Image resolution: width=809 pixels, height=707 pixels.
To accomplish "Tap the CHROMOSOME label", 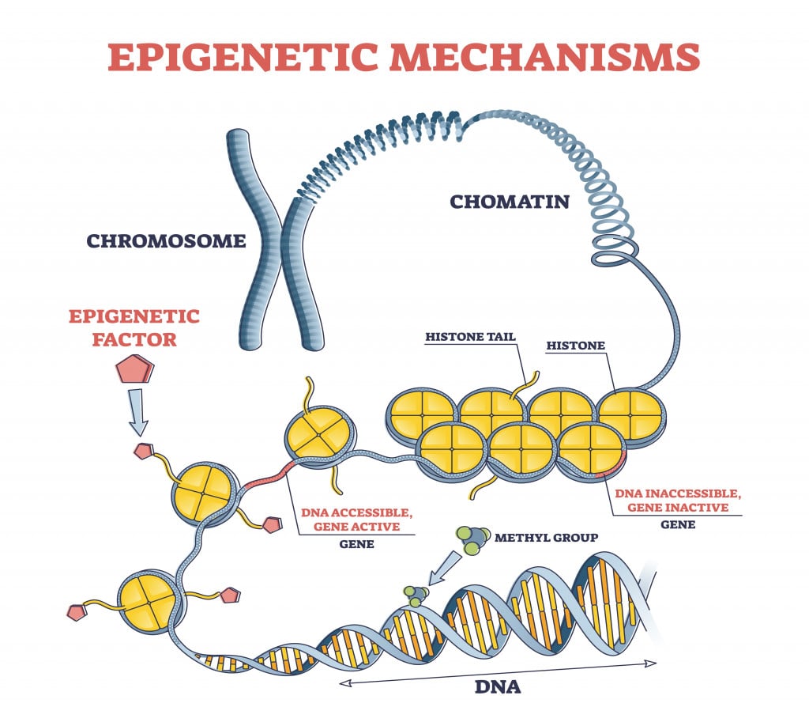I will [166, 241].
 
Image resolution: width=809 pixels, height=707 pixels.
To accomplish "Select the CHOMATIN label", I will [510, 202].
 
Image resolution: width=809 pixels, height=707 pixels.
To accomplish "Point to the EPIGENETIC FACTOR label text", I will [134, 329].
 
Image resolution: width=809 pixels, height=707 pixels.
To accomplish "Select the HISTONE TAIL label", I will [470, 337].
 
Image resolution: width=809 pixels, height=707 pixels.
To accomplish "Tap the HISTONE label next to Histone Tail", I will [576, 346].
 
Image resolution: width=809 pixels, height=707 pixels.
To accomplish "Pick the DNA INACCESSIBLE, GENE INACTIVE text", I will [679, 501].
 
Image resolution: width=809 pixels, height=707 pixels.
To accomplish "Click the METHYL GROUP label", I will [546, 538].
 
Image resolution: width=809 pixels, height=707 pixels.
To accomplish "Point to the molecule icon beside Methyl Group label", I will [469, 542].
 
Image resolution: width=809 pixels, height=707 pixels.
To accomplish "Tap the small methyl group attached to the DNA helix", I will [414, 595].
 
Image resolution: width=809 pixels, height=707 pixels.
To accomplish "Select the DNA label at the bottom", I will [497, 686].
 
